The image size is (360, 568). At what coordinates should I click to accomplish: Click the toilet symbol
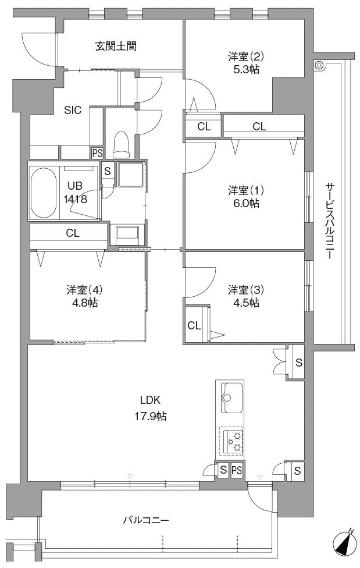point(121,145)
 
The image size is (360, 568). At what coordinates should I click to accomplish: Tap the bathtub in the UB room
point(44,193)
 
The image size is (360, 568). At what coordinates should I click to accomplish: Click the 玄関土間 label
point(116,47)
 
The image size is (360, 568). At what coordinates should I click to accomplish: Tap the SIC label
point(73,110)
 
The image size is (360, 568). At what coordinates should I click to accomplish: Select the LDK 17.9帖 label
point(151,409)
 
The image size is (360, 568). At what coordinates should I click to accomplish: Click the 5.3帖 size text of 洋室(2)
point(246,70)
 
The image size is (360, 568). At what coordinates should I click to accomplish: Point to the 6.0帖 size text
point(246,203)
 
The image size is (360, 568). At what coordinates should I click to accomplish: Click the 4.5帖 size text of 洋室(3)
point(246,303)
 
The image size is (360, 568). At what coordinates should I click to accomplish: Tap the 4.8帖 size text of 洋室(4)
point(85,303)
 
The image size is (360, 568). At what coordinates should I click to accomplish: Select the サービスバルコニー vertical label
point(329,221)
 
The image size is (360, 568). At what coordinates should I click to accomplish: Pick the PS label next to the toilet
point(97,153)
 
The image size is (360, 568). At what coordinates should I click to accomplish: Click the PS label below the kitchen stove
point(237,470)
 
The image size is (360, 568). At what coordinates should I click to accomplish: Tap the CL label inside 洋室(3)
point(194,326)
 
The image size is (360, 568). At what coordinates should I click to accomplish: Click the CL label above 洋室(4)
point(73,233)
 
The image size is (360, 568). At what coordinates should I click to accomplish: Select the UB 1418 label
point(76,193)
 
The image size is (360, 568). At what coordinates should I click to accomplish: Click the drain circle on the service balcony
point(319,65)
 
